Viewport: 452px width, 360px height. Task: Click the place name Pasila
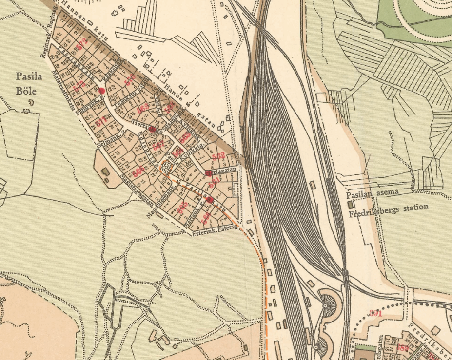point(27,76)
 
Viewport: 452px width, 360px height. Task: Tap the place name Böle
point(25,91)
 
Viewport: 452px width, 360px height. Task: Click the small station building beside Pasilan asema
point(349,202)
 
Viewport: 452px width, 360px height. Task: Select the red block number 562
point(218,156)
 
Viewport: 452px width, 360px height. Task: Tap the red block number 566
point(138,171)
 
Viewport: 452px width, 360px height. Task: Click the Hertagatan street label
point(221,171)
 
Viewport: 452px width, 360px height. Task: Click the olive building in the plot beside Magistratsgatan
point(104,171)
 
